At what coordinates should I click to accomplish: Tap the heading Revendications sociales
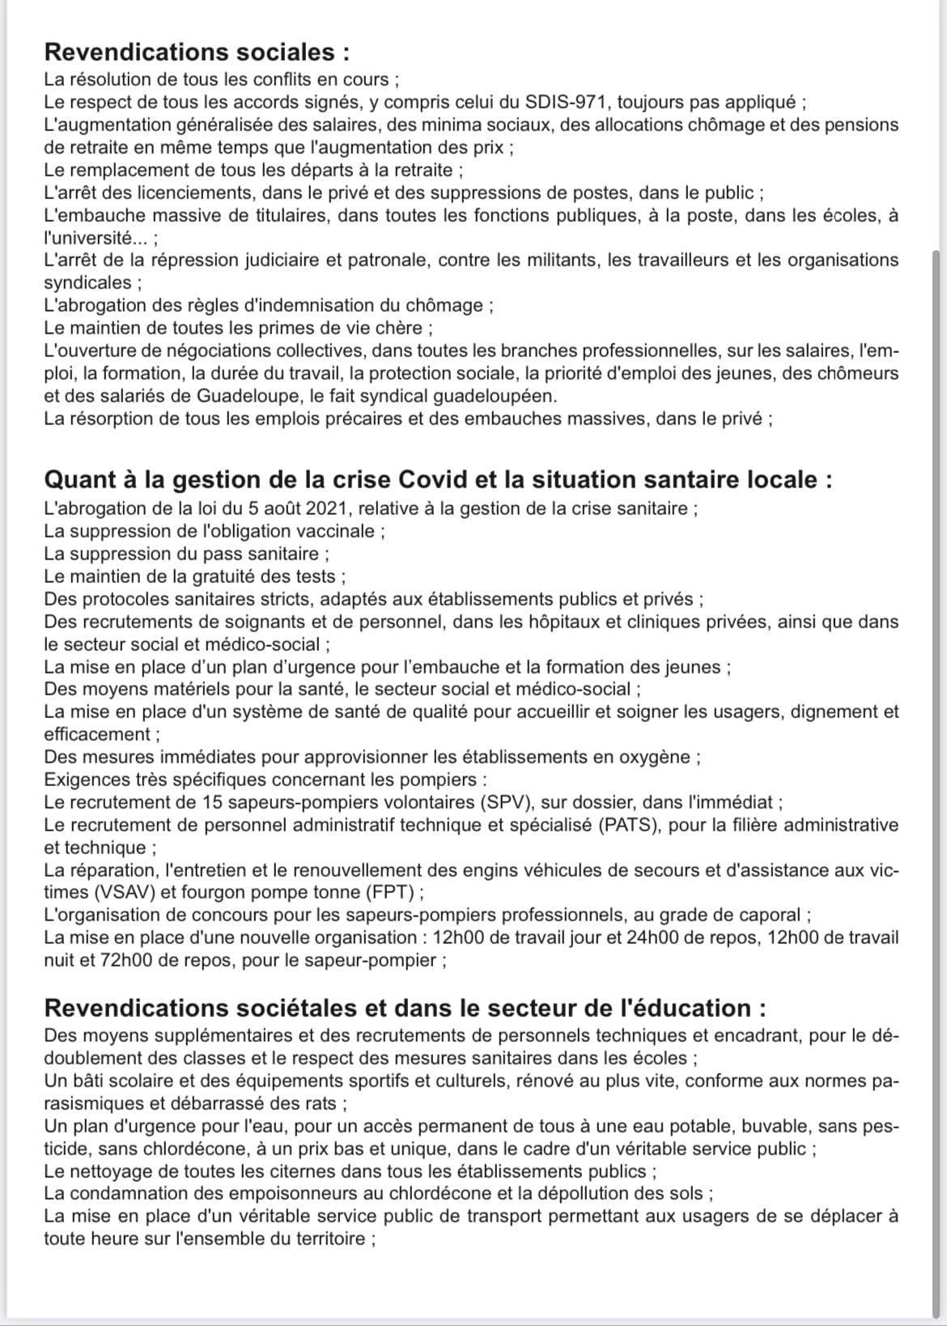pyautogui.click(x=197, y=52)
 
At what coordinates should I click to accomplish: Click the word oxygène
pyautogui.click(x=654, y=757)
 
